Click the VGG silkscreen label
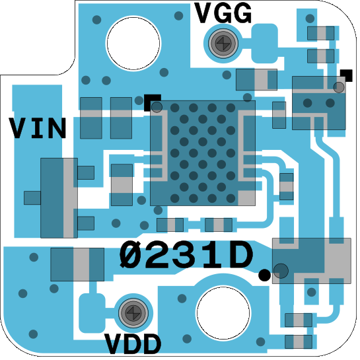[x=223, y=13]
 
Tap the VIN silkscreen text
[x=38, y=127]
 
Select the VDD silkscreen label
[x=133, y=344]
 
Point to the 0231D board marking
[x=186, y=254]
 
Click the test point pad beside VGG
[x=223, y=43]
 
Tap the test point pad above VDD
[x=133, y=312]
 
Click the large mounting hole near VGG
[x=133, y=43]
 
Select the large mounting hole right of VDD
[x=223, y=312]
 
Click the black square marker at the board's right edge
[x=346, y=75]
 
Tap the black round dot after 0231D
[x=264, y=275]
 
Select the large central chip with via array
[x=203, y=153]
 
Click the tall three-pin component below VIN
[x=59, y=198]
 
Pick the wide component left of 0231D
[x=77, y=264]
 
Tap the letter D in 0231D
[x=240, y=254]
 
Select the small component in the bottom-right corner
[x=299, y=342]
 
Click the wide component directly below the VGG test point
[x=257, y=79]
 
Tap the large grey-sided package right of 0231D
[x=312, y=261]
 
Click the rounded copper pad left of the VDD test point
[x=92, y=313]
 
